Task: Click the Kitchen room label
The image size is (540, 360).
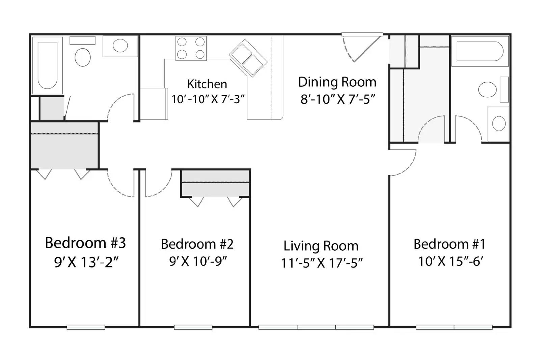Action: [207, 84]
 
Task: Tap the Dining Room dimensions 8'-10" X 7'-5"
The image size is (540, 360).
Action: [338, 99]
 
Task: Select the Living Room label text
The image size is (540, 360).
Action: [321, 246]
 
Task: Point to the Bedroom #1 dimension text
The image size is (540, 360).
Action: [451, 261]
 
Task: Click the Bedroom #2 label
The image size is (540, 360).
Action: [197, 244]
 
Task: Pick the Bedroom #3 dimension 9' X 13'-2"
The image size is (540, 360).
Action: [86, 262]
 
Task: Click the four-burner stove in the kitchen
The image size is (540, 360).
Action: [191, 48]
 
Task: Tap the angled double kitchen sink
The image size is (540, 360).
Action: [248, 58]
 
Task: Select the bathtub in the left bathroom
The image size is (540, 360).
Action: [48, 65]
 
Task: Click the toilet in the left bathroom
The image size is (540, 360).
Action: [83, 57]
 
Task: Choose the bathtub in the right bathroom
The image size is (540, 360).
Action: [480, 51]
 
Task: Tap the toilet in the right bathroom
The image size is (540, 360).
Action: [487, 89]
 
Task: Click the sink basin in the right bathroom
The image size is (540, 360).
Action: [499, 124]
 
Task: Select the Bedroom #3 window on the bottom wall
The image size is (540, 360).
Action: [86, 327]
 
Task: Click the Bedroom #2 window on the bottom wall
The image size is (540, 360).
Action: [193, 327]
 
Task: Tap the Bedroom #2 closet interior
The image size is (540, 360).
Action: [215, 184]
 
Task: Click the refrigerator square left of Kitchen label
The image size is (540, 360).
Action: [154, 104]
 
